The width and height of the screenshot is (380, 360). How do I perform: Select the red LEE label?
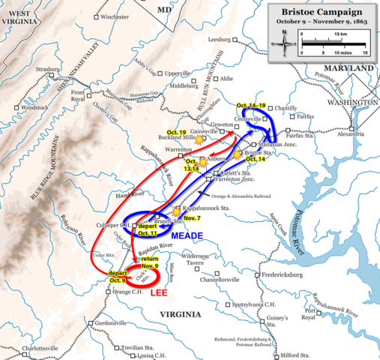(159, 292)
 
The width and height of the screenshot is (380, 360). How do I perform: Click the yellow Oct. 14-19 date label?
(252, 104)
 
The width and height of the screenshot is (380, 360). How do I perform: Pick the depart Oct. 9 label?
(119, 275)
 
